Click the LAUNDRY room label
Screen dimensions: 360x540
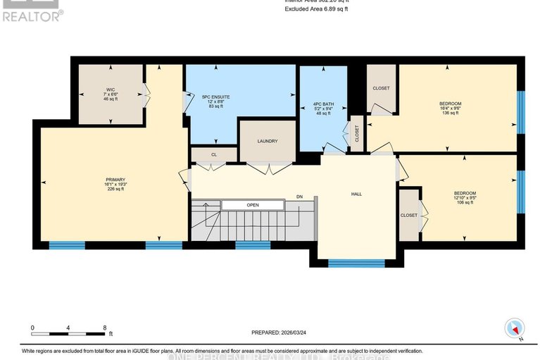point(267,141)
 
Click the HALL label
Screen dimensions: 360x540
point(356,194)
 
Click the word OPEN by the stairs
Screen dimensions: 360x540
point(253,205)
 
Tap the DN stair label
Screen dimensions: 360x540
point(299,197)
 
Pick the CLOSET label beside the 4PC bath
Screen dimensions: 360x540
point(356,133)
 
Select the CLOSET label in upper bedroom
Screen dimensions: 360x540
point(381,88)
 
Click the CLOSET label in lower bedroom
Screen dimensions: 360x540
point(408,215)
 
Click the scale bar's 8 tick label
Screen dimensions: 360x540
point(104,328)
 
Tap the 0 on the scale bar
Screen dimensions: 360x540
point(32,328)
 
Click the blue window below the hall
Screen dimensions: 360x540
point(356,263)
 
